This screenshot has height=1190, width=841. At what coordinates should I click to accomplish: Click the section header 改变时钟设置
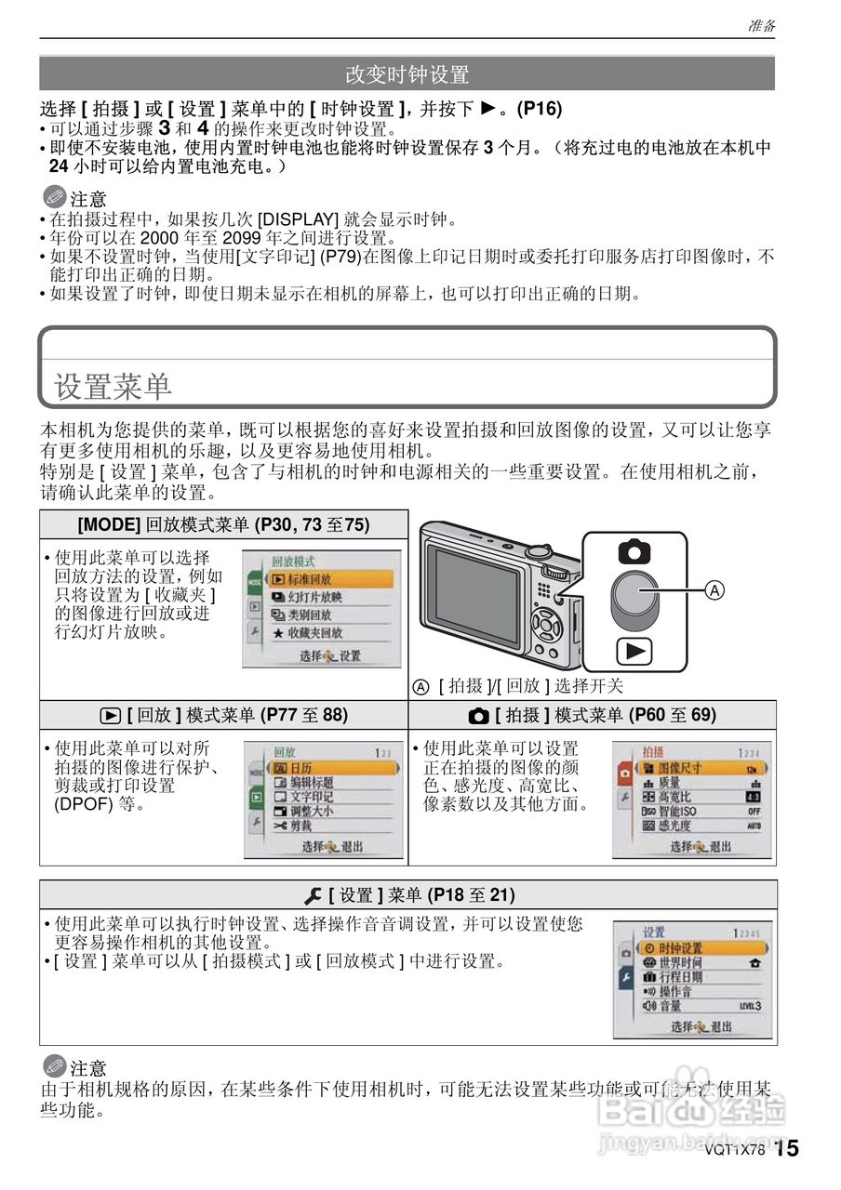click(407, 73)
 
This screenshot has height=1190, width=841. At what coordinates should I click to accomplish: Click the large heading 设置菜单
click(113, 386)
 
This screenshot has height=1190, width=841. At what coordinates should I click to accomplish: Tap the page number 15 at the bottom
click(786, 1148)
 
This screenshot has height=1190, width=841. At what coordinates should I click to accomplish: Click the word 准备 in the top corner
click(762, 26)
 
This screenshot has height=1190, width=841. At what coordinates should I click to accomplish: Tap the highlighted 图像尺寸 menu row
click(693, 768)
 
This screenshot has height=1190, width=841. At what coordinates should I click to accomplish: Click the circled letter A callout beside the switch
click(714, 590)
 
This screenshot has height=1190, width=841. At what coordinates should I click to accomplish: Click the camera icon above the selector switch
click(634, 551)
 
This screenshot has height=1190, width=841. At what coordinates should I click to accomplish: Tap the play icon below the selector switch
click(634, 651)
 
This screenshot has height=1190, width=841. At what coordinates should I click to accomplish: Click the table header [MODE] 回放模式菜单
click(223, 524)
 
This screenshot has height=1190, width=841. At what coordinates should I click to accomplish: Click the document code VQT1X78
click(733, 1149)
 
